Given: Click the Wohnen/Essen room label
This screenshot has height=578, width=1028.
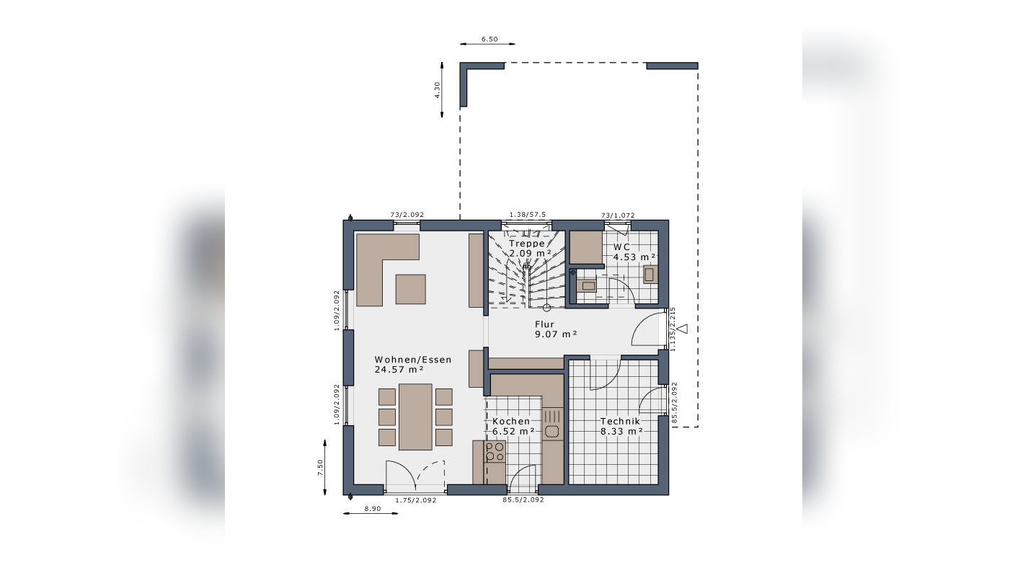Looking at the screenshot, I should [412, 359].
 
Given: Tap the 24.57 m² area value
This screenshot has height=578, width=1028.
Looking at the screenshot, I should [399, 370].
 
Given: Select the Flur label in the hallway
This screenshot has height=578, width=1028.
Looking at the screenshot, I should [544, 324].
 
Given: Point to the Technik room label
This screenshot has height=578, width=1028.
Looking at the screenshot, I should [621, 420].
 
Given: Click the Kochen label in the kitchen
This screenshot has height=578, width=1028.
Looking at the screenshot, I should [511, 421].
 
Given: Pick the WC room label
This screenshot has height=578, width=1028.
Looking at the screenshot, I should [621, 246].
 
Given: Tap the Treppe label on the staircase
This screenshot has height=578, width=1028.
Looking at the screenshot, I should [526, 244].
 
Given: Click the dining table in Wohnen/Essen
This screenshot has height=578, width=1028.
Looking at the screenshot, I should [415, 417].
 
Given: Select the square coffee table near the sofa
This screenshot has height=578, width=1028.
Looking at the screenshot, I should [410, 289].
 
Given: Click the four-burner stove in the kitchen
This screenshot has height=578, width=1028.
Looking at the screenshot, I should [495, 452].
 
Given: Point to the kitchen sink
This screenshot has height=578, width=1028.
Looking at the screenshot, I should [552, 432].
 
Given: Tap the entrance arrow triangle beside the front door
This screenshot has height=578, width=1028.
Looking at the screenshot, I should [683, 329].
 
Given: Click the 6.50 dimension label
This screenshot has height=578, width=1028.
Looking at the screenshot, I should [489, 40].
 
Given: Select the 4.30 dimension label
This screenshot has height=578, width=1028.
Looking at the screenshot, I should [437, 89].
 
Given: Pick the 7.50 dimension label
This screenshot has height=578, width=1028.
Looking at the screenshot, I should [320, 467].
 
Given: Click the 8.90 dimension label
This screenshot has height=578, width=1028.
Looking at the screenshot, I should [372, 509].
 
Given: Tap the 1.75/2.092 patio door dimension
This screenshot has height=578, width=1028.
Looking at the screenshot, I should [415, 499].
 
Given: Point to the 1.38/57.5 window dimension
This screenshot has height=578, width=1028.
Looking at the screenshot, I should [527, 215].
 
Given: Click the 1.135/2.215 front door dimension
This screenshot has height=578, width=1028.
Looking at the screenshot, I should [673, 329].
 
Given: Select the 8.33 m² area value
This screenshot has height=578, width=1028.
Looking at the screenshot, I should [621, 431].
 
